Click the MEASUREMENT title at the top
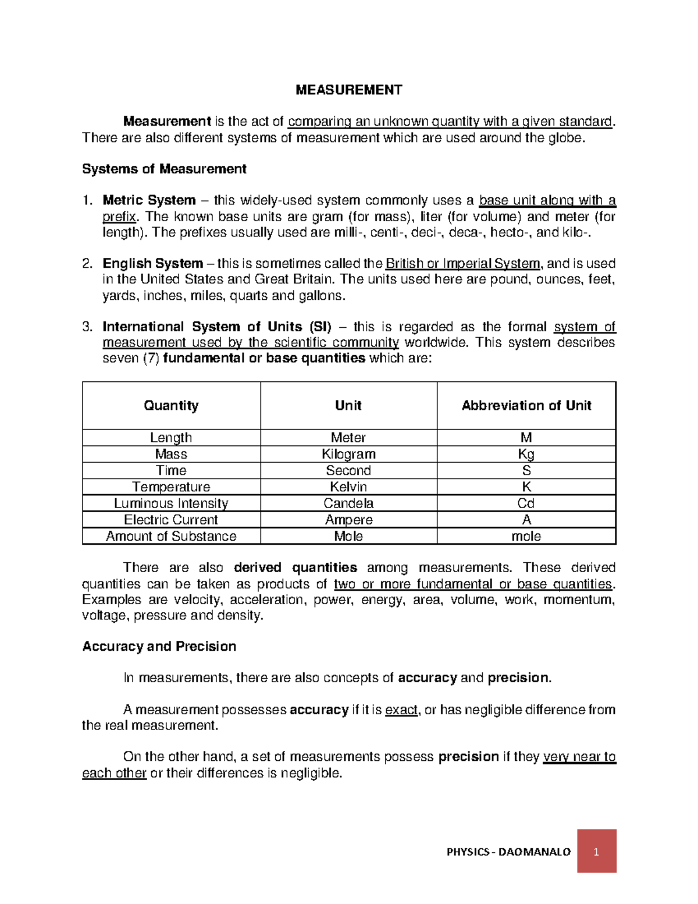click(348, 90)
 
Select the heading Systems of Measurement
click(164, 169)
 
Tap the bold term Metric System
click(149, 200)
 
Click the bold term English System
click(152, 264)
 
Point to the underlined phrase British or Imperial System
click(463, 264)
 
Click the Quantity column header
click(171, 406)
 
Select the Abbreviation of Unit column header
click(526, 406)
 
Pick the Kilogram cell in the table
click(348, 454)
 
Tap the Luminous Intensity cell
click(171, 504)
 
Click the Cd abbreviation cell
click(526, 504)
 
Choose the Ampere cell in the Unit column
click(348, 520)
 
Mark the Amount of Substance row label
click(171, 536)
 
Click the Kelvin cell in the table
click(348, 487)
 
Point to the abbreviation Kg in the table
click(526, 454)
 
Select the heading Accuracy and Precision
click(159, 647)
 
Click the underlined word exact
click(401, 710)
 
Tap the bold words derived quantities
click(295, 568)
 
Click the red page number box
click(596, 851)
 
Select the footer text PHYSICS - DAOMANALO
click(508, 852)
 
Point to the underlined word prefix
click(119, 217)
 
